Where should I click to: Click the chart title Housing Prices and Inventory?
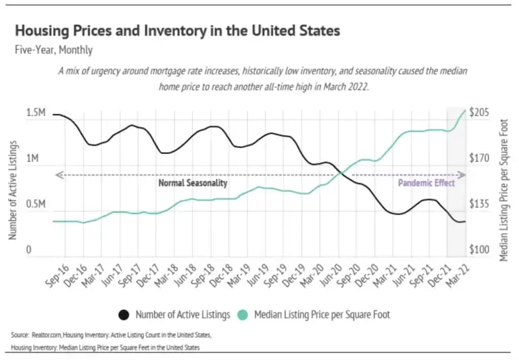pyautogui.click(x=177, y=31)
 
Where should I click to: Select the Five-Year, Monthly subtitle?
pyautogui.click(x=54, y=50)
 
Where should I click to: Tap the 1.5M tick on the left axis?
pyautogui.click(x=36, y=113)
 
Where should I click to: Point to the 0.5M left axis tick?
pyautogui.click(x=36, y=205)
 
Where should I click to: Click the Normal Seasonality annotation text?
pyautogui.click(x=193, y=183)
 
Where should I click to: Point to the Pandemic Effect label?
pyautogui.click(x=426, y=183)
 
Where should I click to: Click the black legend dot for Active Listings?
pyautogui.click(x=124, y=315)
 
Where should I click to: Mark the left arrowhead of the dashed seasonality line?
pyautogui.click(x=57, y=175)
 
